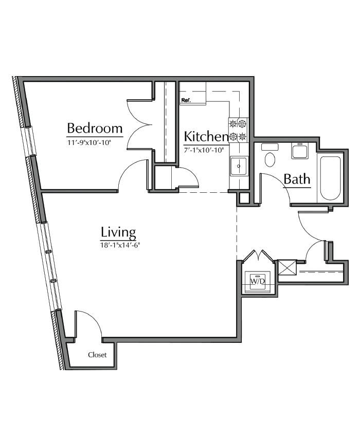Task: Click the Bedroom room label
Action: click(x=95, y=128)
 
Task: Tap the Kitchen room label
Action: click(x=206, y=137)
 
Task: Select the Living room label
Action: click(x=118, y=232)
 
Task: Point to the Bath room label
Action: click(x=297, y=179)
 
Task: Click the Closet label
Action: click(x=97, y=355)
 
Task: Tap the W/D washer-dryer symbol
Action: click(x=257, y=281)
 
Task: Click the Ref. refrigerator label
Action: click(x=186, y=101)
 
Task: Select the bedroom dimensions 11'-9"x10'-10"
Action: click(x=89, y=141)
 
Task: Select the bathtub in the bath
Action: click(x=330, y=178)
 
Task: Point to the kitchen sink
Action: click(x=239, y=166)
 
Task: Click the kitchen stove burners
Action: click(x=238, y=130)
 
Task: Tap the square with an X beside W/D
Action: click(x=286, y=268)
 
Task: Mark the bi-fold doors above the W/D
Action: click(x=258, y=256)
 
